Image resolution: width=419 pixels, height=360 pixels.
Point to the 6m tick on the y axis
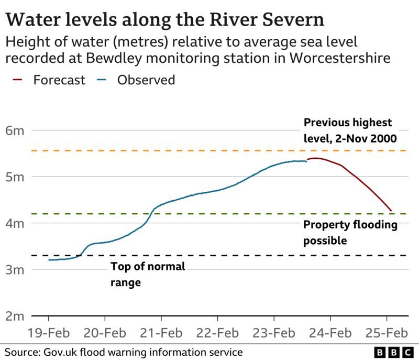[15, 130]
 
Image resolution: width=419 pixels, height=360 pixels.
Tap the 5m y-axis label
[15, 177]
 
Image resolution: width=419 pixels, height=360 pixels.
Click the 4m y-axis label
[15, 223]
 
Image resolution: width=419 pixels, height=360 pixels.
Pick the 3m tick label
[15, 270]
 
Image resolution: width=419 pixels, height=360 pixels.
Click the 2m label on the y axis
[15, 317]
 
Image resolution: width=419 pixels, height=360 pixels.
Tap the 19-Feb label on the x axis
[49, 333]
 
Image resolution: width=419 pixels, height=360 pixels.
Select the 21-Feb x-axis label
[161, 333]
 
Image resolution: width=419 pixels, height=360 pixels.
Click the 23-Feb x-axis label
[274, 333]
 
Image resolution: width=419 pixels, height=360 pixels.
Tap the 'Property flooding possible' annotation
[350, 232]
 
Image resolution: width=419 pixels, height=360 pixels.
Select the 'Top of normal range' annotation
[148, 274]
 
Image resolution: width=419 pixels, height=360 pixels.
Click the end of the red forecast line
[390, 211]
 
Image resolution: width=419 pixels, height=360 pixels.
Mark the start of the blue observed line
[49, 260]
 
